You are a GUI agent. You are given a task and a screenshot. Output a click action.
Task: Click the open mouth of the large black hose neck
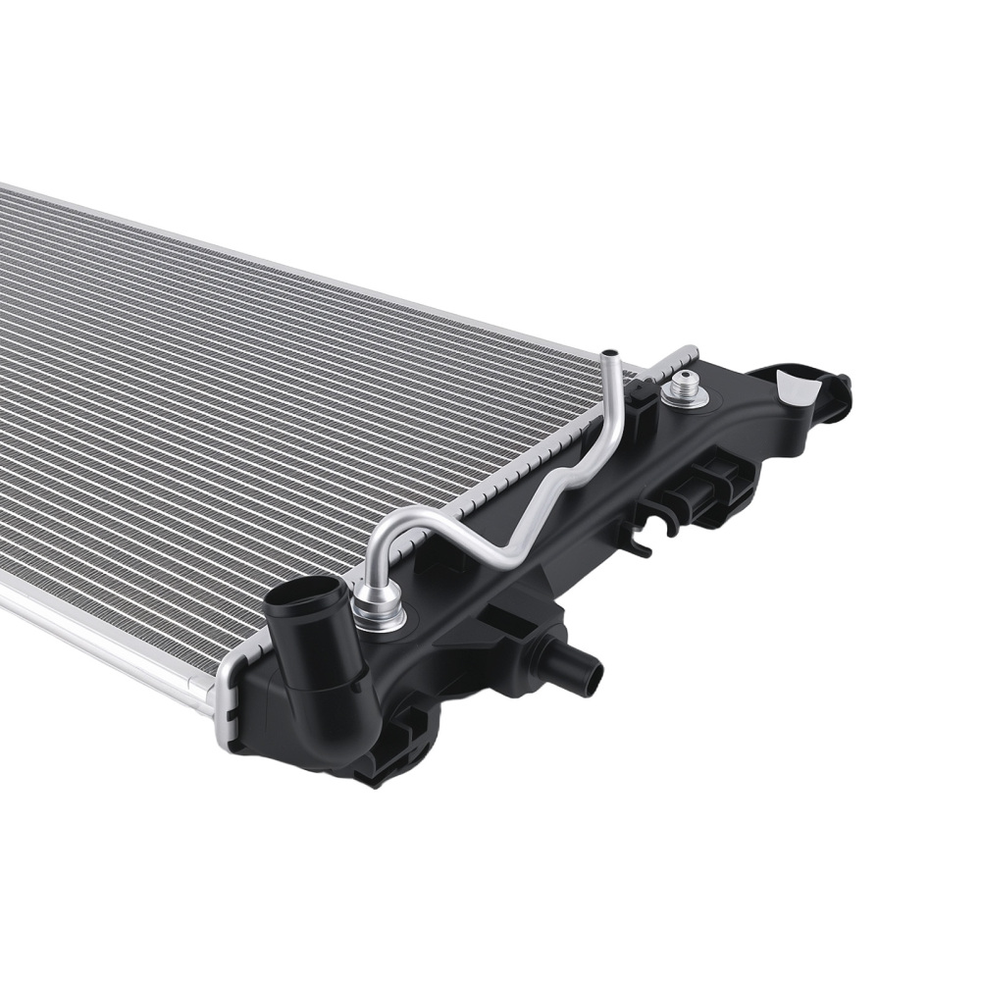pyautogui.click(x=307, y=593)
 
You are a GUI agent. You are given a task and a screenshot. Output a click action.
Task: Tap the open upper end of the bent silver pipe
pyautogui.click(x=610, y=353)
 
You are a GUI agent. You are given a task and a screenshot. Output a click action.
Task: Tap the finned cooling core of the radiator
pyautogui.click(x=245, y=412)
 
